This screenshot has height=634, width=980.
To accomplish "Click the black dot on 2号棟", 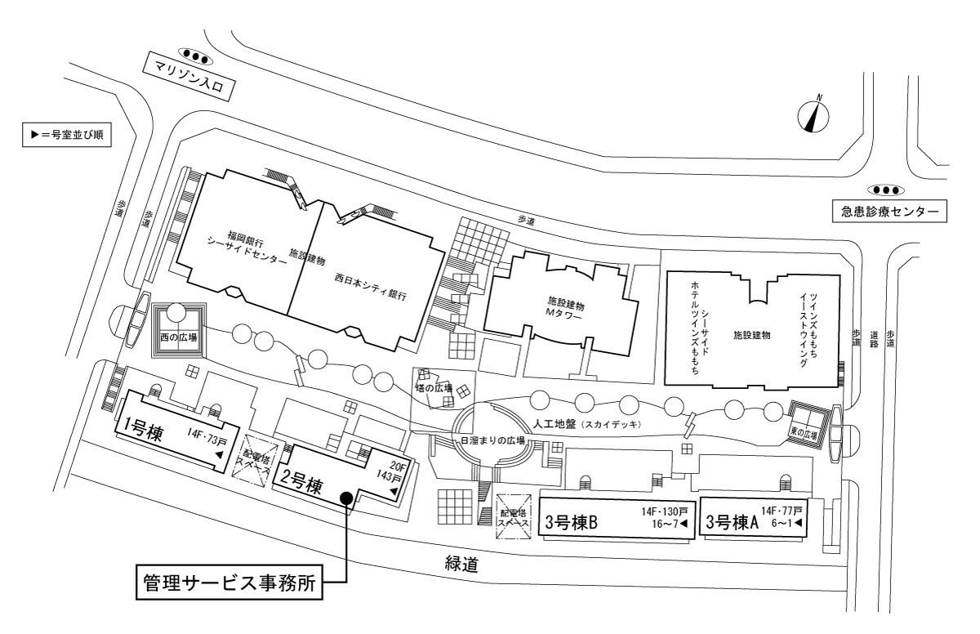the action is [347, 498].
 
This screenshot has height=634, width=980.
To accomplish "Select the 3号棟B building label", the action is [572, 521].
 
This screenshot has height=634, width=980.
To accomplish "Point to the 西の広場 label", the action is [179, 337].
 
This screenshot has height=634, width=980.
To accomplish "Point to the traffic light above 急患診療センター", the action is [889, 190].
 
